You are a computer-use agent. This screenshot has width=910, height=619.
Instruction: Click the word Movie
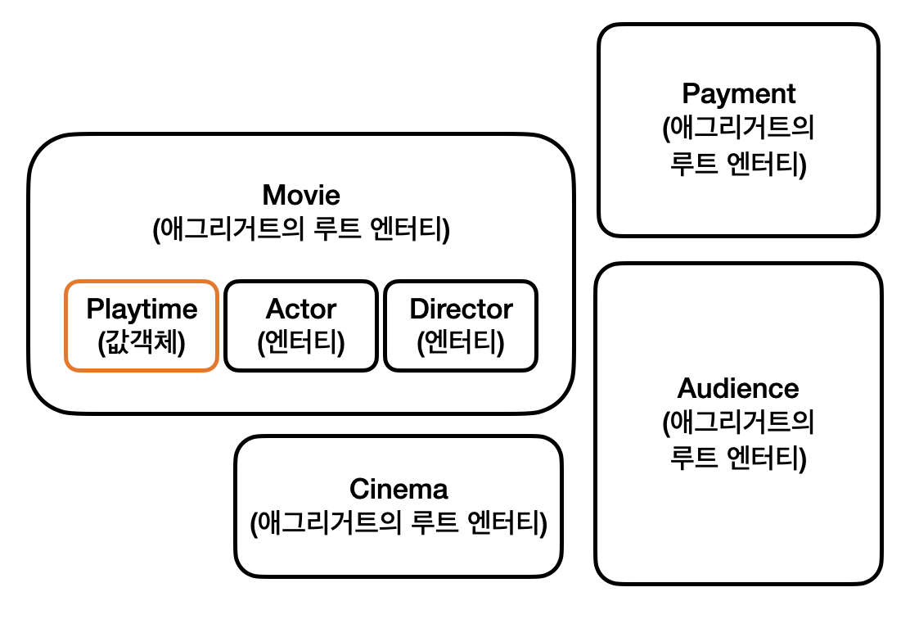tap(301, 196)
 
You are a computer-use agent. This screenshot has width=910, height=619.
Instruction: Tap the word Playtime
tap(142, 309)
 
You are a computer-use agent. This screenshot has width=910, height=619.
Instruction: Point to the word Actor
tap(301, 309)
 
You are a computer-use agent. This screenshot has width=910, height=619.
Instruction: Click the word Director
tap(461, 309)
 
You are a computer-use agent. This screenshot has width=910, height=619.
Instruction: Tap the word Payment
tap(738, 93)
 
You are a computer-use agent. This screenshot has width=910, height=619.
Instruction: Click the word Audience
tap(738, 387)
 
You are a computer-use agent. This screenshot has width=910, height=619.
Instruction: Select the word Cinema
tap(399, 489)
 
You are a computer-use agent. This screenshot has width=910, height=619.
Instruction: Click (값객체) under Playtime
tap(142, 340)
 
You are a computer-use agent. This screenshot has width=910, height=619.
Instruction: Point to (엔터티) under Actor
tap(301, 340)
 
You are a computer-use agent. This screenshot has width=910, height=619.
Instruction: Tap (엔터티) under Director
tap(461, 340)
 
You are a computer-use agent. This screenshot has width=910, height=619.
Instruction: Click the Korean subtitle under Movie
tap(301, 230)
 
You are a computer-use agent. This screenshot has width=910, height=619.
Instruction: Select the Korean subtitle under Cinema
tap(399, 522)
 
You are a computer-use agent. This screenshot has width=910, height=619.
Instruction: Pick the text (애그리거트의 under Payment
tap(738, 129)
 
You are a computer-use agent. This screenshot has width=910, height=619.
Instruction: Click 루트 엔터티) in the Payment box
tap(738, 164)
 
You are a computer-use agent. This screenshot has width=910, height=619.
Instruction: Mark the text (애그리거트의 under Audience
tap(738, 423)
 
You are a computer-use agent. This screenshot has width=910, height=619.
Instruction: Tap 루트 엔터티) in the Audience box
tap(738, 458)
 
